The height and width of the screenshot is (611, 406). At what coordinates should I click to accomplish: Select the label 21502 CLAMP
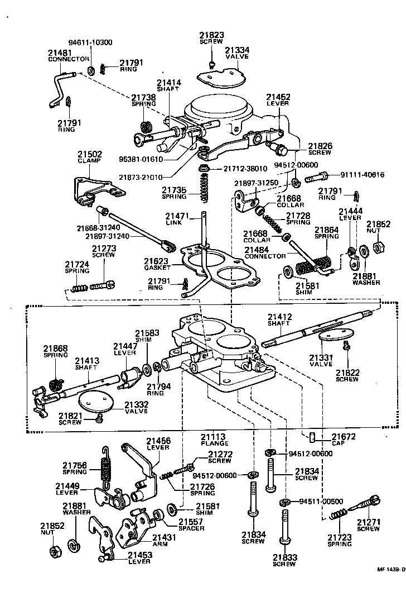click(x=89, y=157)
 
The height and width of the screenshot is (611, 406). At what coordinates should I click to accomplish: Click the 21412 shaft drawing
click(x=312, y=330)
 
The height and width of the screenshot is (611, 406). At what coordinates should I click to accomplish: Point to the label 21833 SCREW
click(x=284, y=560)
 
